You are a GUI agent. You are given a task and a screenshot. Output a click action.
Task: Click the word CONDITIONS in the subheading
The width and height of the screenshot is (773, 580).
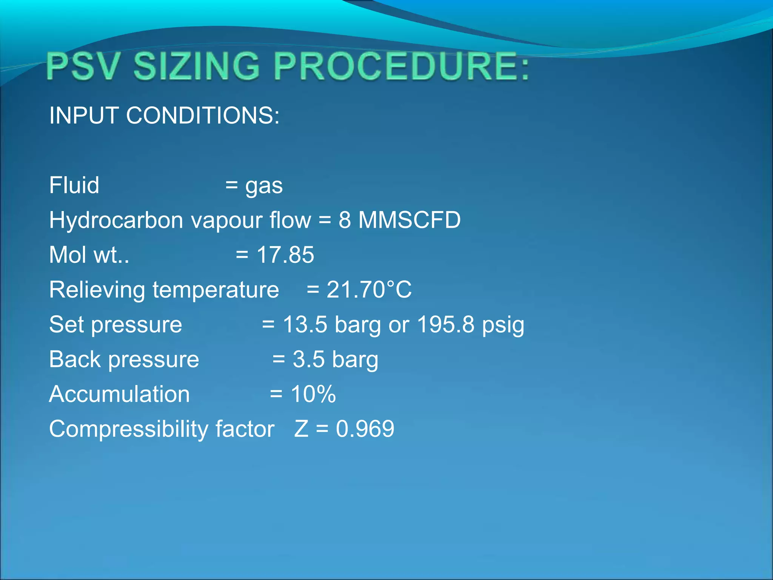tap(203, 115)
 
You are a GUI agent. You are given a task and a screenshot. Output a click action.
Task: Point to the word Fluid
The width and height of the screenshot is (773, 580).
tap(74, 185)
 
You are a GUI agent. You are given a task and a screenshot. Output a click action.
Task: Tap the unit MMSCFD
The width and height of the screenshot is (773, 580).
tap(410, 220)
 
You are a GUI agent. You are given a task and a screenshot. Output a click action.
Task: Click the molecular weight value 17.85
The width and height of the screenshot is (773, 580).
tap(285, 255)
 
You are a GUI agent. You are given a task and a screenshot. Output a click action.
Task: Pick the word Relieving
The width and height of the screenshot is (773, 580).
tap(97, 290)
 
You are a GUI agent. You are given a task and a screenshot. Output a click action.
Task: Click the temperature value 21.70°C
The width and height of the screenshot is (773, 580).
tap(369, 290)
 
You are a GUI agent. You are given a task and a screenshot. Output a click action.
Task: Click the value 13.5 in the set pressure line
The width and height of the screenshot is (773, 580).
tap(305, 324)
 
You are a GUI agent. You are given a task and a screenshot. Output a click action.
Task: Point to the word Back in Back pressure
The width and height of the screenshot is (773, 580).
tap(75, 359)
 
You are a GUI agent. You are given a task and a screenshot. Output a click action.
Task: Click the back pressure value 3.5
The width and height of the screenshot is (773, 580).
tap(308, 359)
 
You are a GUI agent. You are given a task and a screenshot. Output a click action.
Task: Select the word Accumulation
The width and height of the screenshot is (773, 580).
tap(119, 394)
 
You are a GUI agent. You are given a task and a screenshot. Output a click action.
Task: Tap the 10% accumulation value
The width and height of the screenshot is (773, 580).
tap(313, 394)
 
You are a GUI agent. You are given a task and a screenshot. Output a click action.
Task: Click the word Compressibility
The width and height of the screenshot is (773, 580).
tap(128, 429)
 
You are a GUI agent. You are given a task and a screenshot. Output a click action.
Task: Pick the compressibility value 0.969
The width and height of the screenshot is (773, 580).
tap(365, 429)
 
